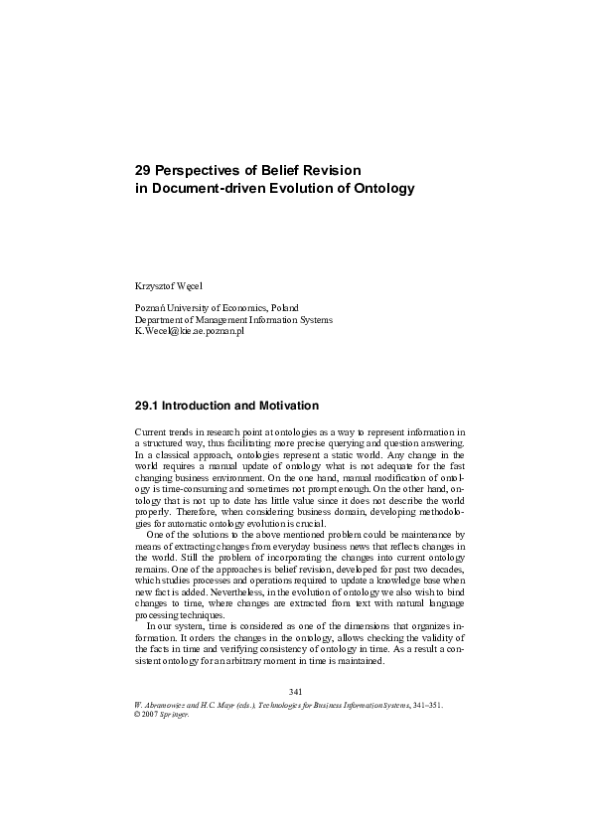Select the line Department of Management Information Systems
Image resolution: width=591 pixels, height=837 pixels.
click(233, 319)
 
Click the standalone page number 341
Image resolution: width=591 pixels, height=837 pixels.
click(294, 691)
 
